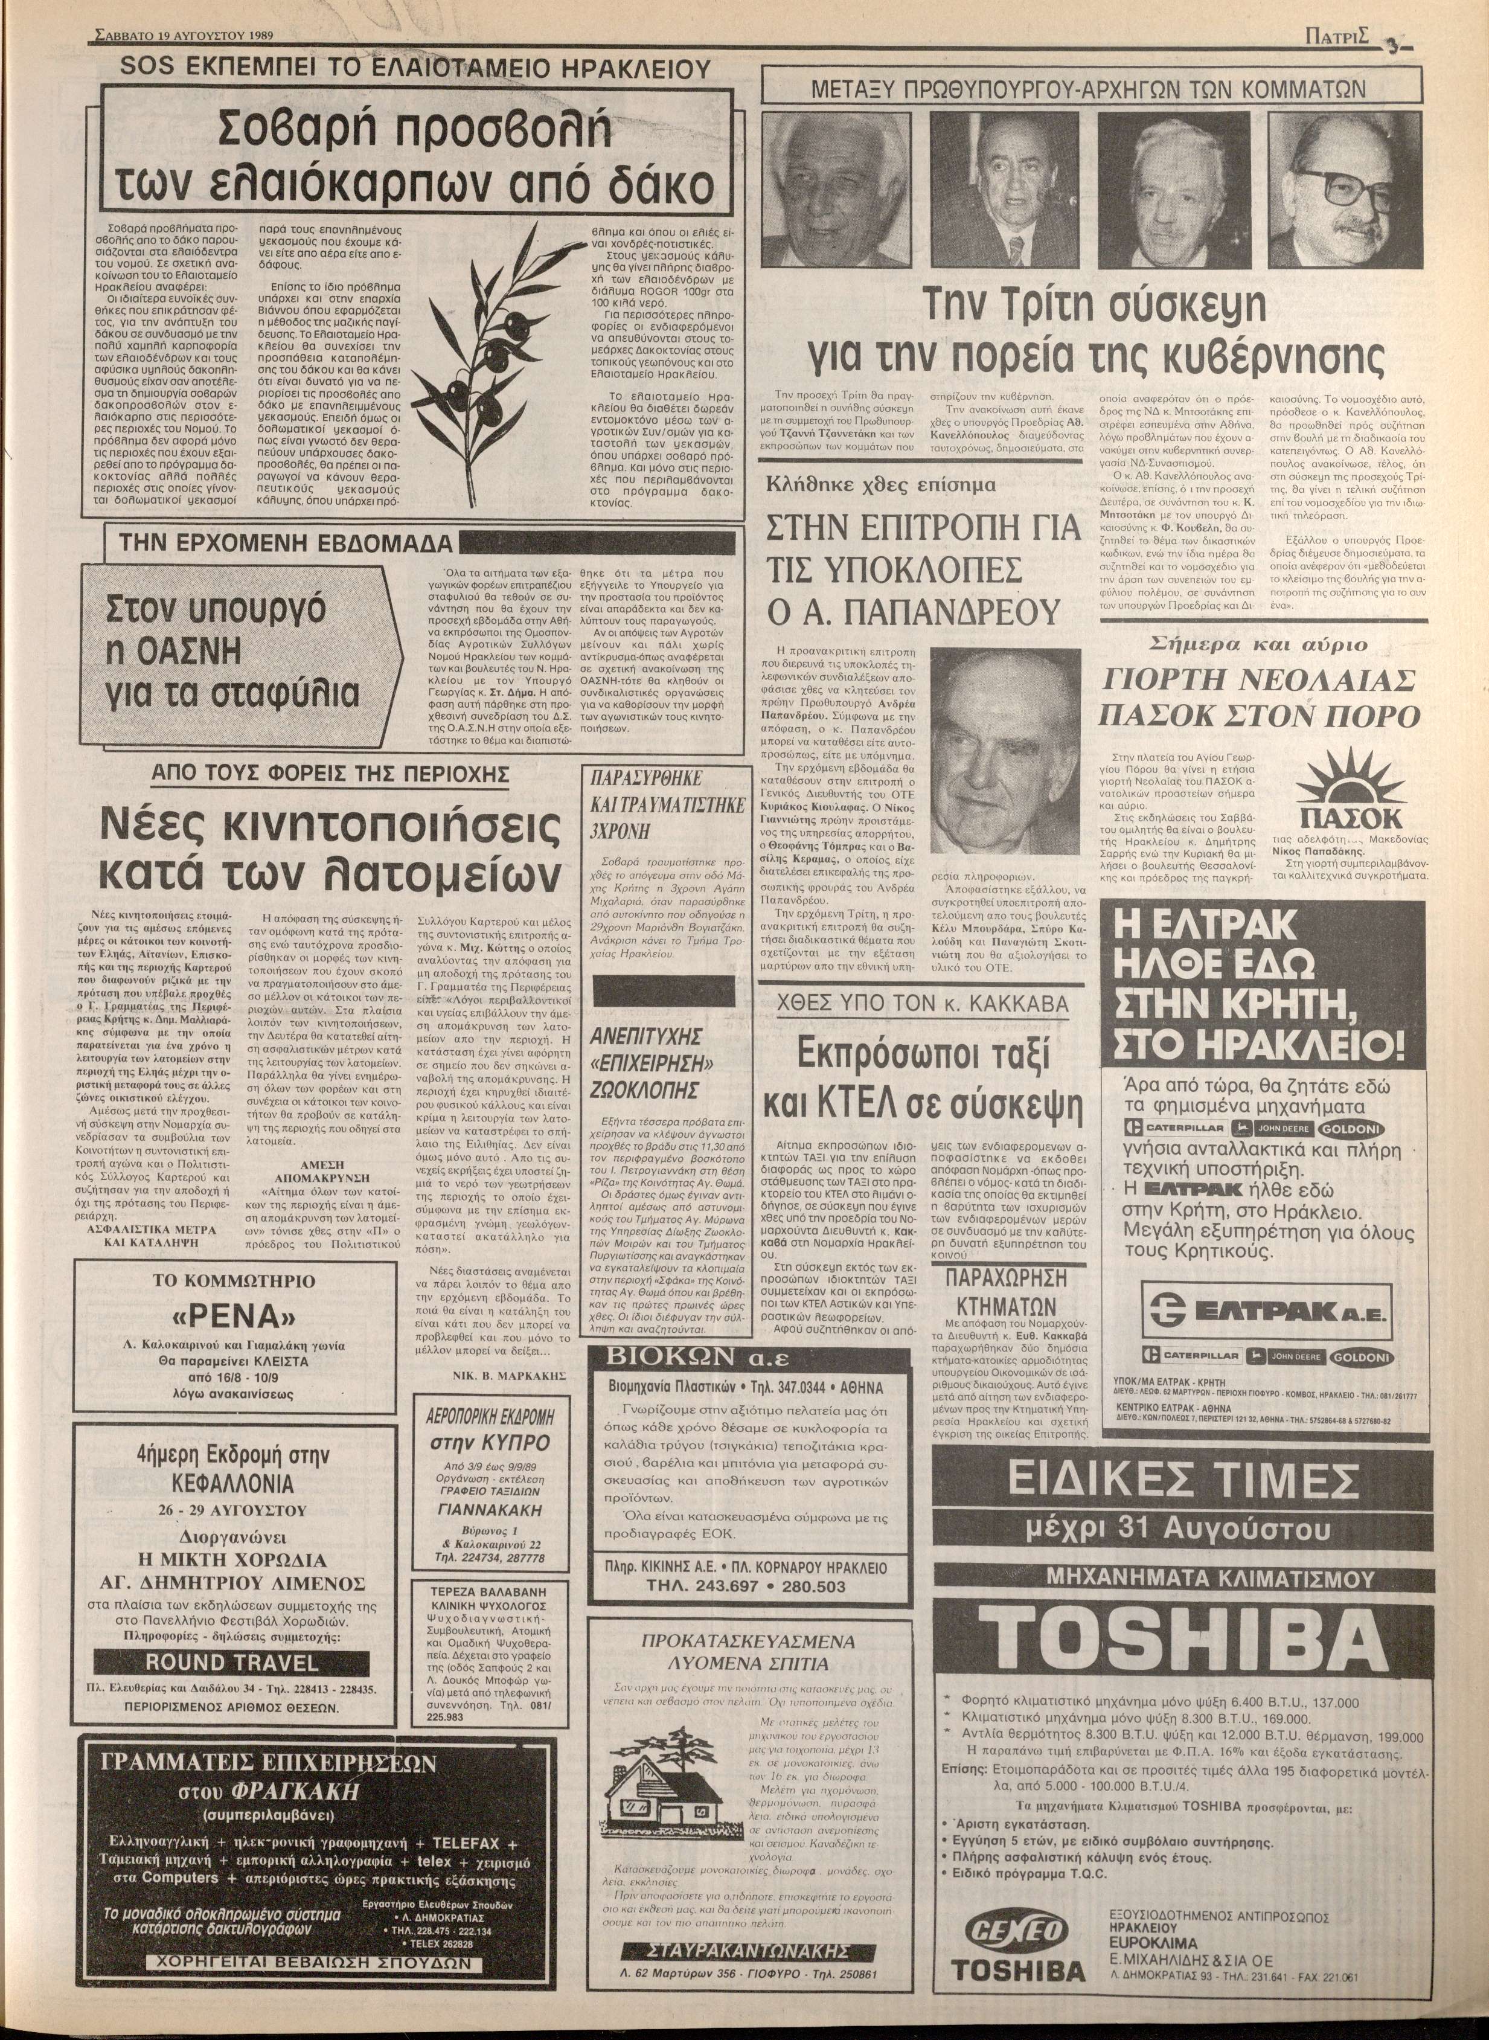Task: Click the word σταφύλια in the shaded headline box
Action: pos(286,694)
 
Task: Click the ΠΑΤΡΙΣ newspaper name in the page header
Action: pos(1337,38)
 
